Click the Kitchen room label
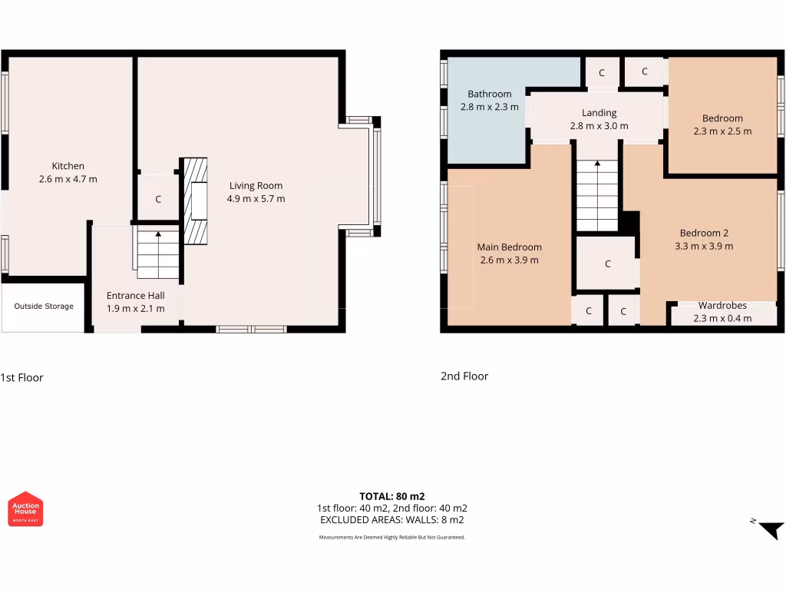click(x=68, y=166)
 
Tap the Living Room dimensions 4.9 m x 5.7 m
click(x=256, y=199)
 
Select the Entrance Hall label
click(x=135, y=296)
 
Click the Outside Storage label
click(x=44, y=307)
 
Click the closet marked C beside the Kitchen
click(x=158, y=200)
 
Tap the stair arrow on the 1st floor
click(x=158, y=234)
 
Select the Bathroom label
click(x=490, y=94)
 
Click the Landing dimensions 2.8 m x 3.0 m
click(x=599, y=126)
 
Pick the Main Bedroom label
click(x=509, y=247)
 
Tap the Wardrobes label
click(x=722, y=306)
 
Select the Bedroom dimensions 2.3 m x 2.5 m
click(x=722, y=131)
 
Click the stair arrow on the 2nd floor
click(x=597, y=164)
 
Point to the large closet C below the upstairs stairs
click(x=607, y=264)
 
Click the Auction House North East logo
click(x=25, y=509)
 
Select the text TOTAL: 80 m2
click(x=391, y=496)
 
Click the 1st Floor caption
click(x=22, y=377)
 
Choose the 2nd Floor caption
click(x=464, y=376)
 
